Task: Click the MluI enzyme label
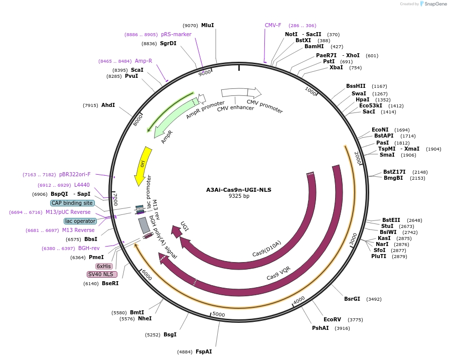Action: tap(207, 25)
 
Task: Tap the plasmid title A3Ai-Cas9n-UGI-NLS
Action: tap(239, 190)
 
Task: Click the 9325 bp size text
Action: tap(239, 196)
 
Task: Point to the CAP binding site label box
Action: tap(72, 203)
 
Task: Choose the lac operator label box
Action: tap(80, 221)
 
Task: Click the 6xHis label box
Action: tap(104, 266)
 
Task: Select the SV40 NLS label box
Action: tap(102, 274)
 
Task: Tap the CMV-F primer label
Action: tap(273, 25)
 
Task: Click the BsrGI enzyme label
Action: tap(352, 299)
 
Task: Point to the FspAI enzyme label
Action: tap(204, 351)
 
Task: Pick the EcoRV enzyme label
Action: tap(332, 319)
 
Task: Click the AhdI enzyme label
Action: tap(108, 105)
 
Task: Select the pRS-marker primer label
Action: tap(176, 34)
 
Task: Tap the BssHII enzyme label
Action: tap(356, 86)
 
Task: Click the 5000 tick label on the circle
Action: tap(219, 315)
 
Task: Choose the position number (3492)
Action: tap(374, 299)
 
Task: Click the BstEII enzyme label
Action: tap(391, 220)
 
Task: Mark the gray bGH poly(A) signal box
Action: tap(144, 225)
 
